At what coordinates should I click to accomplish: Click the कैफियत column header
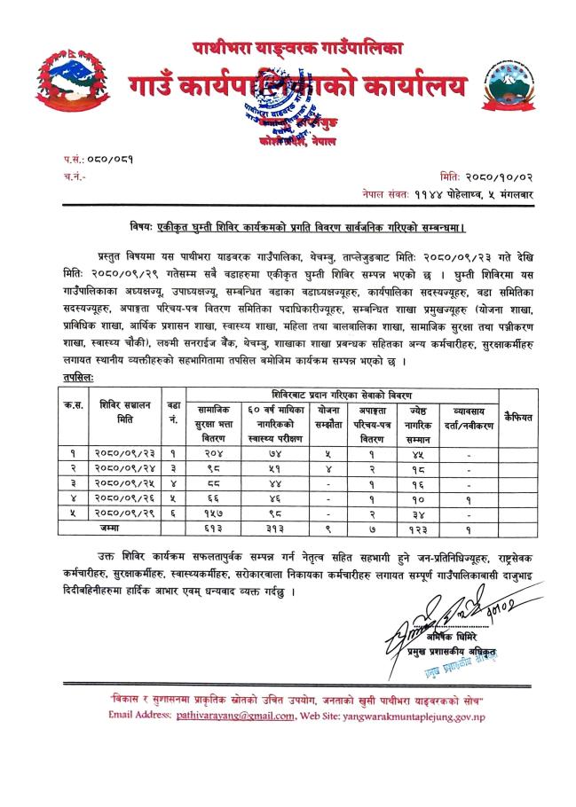click(517, 415)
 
